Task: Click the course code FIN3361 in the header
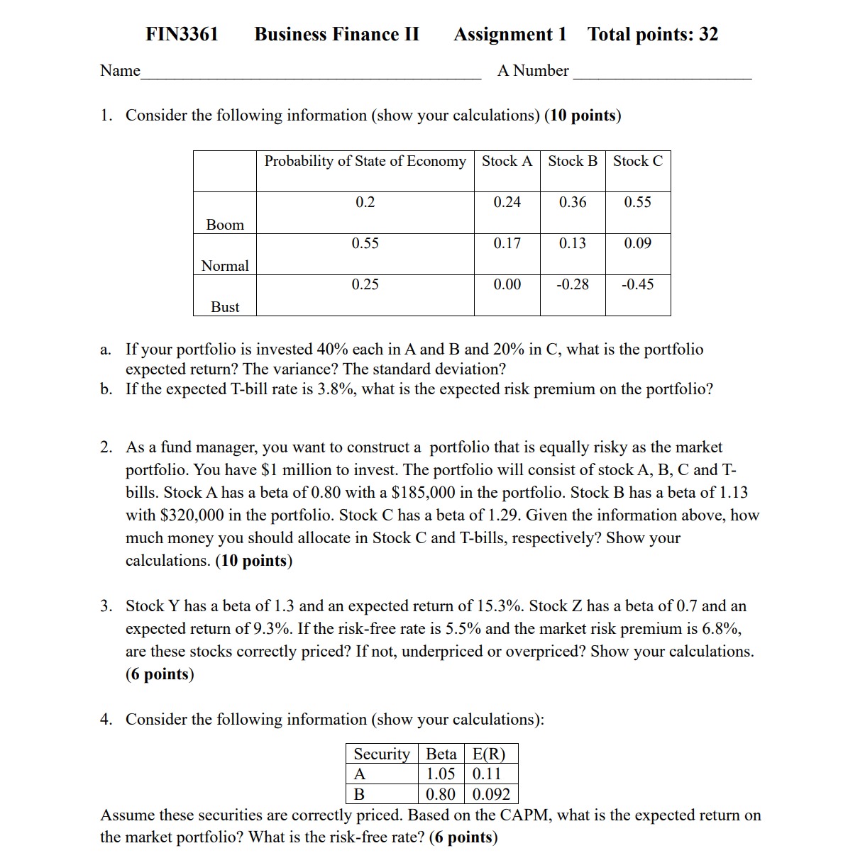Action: click(182, 34)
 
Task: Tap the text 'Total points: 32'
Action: click(652, 34)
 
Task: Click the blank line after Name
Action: click(310, 72)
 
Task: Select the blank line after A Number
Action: click(661, 72)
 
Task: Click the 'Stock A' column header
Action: click(507, 161)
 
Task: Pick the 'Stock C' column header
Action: click(637, 161)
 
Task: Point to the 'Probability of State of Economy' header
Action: click(365, 161)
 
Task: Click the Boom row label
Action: click(225, 225)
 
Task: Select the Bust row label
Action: click(225, 307)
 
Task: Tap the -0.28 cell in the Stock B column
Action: click(572, 284)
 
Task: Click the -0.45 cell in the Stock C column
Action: click(637, 284)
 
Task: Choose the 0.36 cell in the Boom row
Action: click(572, 202)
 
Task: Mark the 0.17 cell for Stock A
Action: click(507, 243)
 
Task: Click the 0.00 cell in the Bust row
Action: click(507, 284)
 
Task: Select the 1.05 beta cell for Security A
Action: click(440, 774)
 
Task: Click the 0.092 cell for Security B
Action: click(491, 794)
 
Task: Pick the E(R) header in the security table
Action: click(488, 754)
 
